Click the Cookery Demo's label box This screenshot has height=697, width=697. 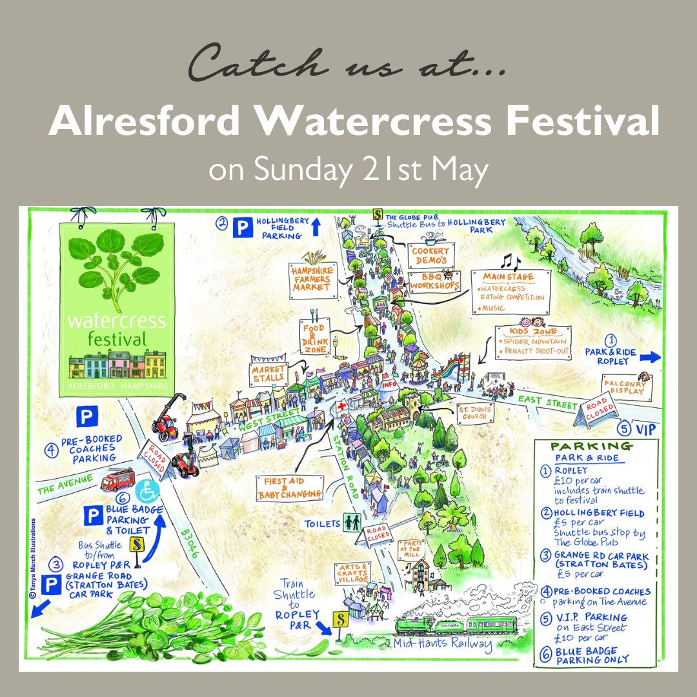(432, 254)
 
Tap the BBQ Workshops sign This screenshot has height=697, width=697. (435, 281)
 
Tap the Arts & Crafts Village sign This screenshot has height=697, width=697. (353, 572)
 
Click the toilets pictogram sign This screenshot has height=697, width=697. (353, 522)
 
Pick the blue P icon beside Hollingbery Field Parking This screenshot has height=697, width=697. (243, 228)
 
